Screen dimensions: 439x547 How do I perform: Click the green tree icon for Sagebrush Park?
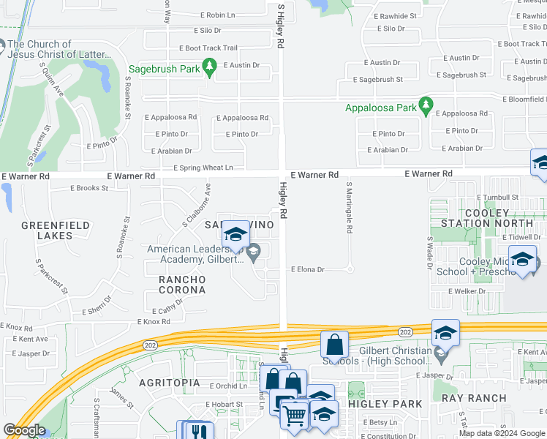click(210, 70)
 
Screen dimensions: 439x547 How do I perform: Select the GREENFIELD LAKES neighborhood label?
click(56, 230)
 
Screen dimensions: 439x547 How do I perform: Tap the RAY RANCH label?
click(473, 398)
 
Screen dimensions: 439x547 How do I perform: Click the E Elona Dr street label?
click(307, 269)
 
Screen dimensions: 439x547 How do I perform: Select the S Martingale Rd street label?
click(350, 207)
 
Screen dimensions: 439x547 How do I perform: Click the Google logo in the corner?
click(24, 430)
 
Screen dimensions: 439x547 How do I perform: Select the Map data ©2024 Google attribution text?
click(502, 433)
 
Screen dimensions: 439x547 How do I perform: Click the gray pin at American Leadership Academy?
click(254, 253)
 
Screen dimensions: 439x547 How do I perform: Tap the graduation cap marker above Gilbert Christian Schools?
click(445, 334)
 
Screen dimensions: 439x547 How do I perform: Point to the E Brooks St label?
click(88, 188)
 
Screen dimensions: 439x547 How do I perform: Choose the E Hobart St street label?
click(224, 404)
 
